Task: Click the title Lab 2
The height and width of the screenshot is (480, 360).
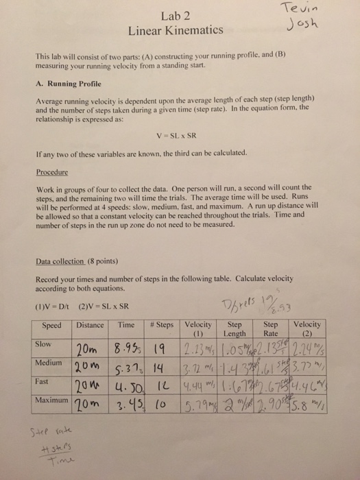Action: click(x=175, y=16)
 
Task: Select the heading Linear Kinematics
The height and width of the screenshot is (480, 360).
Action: click(x=175, y=31)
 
